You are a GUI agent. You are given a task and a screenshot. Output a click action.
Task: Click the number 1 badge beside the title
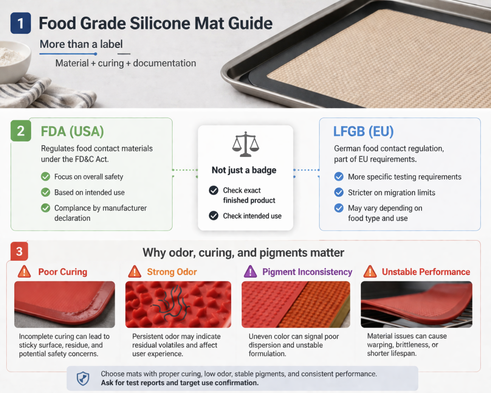(20, 23)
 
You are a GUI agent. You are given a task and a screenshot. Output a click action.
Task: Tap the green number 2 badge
(21, 131)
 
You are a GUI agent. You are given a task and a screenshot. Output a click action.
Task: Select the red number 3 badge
(18, 251)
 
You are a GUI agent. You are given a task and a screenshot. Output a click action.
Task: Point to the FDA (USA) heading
(72, 131)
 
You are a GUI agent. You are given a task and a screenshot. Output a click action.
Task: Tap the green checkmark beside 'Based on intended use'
(46, 192)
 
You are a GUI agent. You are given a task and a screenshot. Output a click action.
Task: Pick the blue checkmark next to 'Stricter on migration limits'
(339, 192)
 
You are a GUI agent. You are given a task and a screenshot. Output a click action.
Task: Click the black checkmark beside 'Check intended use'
(214, 216)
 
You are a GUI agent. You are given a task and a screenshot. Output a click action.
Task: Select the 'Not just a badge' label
(245, 170)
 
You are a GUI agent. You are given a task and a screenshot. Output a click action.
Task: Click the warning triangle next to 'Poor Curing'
(24, 272)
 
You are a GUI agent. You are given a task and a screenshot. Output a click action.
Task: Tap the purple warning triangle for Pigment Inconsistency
(250, 272)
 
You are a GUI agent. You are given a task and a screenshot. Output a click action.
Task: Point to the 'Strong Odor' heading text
(172, 272)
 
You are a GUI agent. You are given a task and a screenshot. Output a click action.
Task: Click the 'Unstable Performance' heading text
(426, 272)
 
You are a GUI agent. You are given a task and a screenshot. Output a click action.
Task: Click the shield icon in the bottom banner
(83, 379)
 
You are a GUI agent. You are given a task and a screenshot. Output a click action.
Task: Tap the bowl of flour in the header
(12, 60)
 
